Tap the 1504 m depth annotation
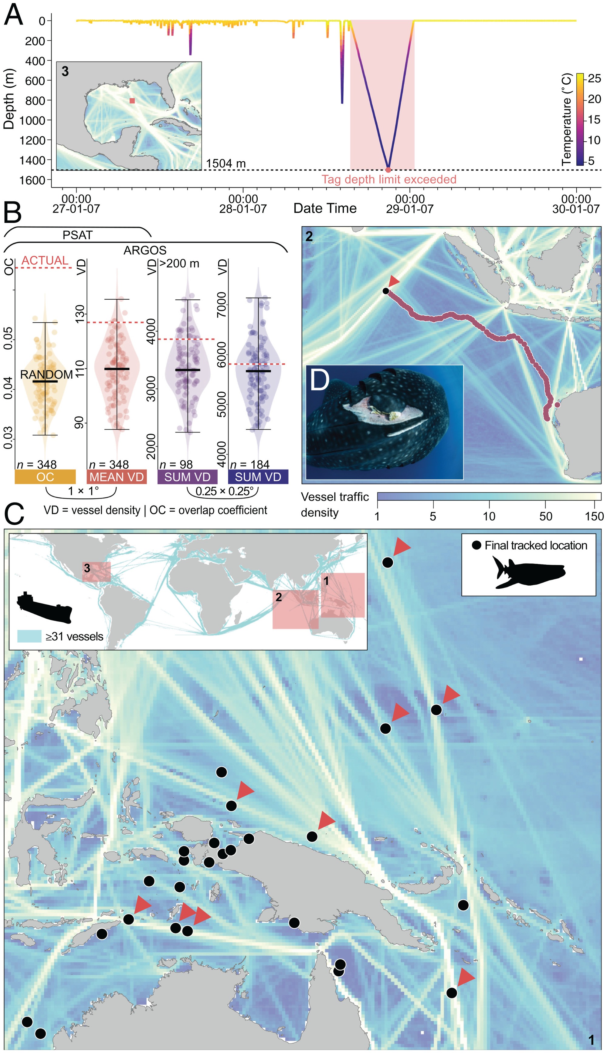tap(226, 163)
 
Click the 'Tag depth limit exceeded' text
tap(388, 180)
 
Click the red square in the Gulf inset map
tap(132, 100)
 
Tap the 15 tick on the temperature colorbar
tap(594, 119)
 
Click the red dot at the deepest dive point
tap(388, 170)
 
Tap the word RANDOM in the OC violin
tap(46, 375)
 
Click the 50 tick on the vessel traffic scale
tap(545, 516)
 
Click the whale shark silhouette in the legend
tap(528, 572)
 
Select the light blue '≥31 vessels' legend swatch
tap(29, 637)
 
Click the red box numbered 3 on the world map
tap(96, 571)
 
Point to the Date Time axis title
tap(325, 208)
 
